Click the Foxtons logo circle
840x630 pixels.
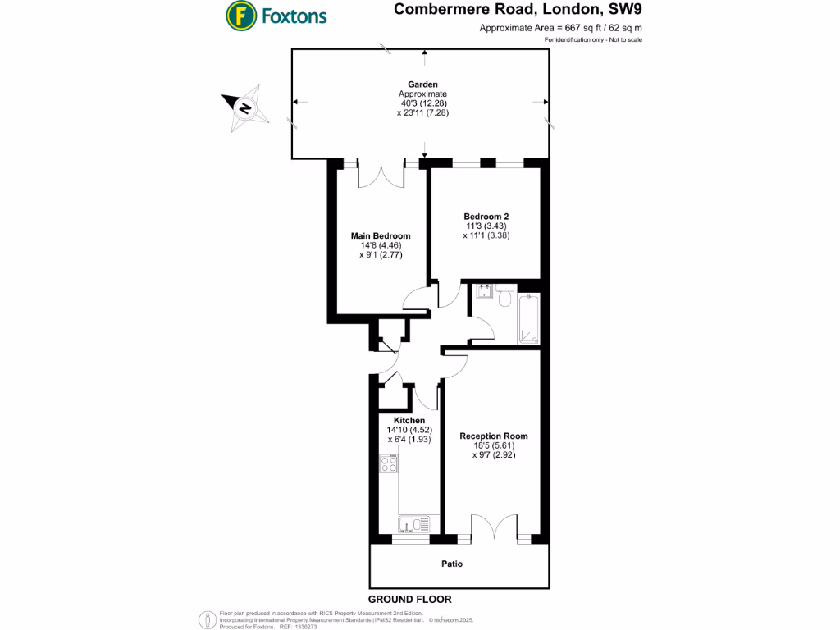click(x=240, y=16)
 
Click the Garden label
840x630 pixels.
click(x=423, y=84)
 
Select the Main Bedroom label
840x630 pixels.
click(x=381, y=236)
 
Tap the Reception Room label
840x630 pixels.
click(x=493, y=436)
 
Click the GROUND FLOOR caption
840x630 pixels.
click(x=409, y=600)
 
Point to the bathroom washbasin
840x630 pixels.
click(x=483, y=290)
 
